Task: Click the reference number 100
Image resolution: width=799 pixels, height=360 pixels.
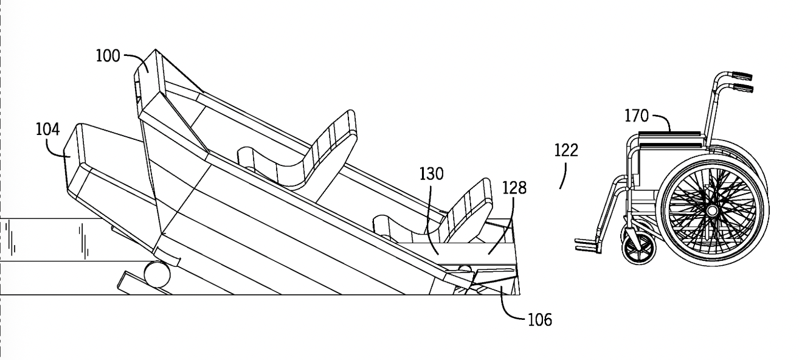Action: tap(108, 57)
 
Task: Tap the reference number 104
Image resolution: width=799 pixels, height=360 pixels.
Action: tap(48, 129)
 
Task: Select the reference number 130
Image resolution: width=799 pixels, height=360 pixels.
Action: tap(431, 174)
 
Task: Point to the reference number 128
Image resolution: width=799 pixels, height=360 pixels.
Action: tap(514, 188)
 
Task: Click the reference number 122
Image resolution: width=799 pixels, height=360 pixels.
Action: tap(566, 150)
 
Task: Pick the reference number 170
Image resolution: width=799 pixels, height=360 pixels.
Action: tap(637, 116)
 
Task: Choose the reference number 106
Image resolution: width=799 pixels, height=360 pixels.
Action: tap(540, 320)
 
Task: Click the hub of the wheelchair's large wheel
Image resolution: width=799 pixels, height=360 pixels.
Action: tap(712, 211)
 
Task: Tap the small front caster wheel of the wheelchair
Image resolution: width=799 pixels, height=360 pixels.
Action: tap(639, 249)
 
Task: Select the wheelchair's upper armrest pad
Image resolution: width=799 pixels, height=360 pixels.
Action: tap(669, 134)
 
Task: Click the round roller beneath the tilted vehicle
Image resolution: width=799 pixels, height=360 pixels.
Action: tap(157, 274)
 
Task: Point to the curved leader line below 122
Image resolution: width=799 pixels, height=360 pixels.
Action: tap(564, 176)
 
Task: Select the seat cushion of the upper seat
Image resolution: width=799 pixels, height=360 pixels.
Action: tap(271, 164)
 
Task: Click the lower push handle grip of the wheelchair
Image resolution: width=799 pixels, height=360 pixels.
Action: tap(742, 88)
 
